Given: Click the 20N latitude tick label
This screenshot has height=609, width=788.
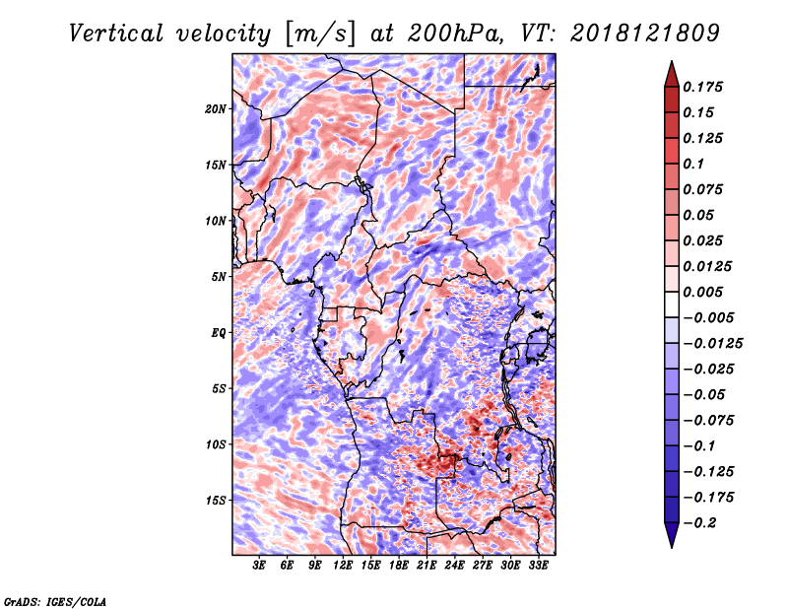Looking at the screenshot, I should pyautogui.click(x=216, y=108).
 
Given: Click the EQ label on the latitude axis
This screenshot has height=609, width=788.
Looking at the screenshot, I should pyautogui.click(x=219, y=333).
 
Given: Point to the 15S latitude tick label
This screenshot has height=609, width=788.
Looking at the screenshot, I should pyautogui.click(x=216, y=501).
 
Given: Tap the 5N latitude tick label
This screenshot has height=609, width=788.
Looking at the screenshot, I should pyautogui.click(x=219, y=277).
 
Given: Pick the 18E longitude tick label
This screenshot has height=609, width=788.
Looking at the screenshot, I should pyautogui.click(x=398, y=566).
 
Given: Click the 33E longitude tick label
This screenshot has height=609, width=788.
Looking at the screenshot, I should pyautogui.click(x=538, y=566).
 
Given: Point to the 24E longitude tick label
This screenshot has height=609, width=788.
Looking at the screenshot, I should pyautogui.click(x=454, y=566).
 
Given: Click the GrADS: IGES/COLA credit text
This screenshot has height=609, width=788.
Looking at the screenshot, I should pyautogui.click(x=54, y=600).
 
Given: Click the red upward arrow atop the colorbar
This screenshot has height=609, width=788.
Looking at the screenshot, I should pyautogui.click(x=671, y=70).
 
